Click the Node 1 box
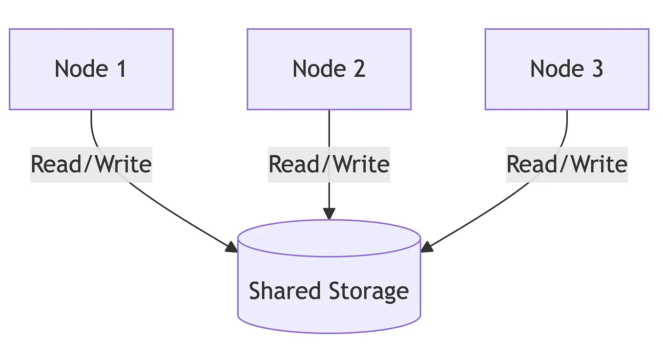91,69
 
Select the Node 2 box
329,69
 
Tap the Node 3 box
566,69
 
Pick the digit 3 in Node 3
597,69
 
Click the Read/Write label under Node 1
91,164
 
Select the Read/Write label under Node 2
329,164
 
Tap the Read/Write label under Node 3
566,164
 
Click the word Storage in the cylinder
369,291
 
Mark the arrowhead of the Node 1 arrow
231,247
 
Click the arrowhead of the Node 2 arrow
329,213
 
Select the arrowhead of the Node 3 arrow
427,247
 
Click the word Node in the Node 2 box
312,69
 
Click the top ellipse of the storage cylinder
329,238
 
